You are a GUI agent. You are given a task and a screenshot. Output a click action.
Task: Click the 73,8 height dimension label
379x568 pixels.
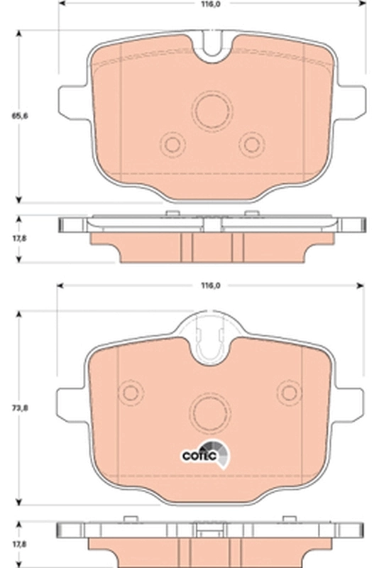(x=10, y=408)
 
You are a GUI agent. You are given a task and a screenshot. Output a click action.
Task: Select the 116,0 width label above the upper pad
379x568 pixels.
(x=211, y=4)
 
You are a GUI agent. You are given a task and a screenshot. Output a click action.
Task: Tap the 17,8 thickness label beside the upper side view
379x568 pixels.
(x=10, y=238)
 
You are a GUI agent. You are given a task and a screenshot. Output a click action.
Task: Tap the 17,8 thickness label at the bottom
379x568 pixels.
(x=10, y=545)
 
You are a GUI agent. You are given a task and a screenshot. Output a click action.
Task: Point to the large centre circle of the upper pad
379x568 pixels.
(x=212, y=111)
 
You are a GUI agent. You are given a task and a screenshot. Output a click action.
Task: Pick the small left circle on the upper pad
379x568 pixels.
(x=172, y=144)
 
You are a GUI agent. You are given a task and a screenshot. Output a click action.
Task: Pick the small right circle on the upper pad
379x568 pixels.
(x=251, y=144)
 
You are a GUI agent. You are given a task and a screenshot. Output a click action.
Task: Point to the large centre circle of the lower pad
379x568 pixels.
(x=212, y=410)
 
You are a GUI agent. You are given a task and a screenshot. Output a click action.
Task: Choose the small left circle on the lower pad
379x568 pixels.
(x=131, y=392)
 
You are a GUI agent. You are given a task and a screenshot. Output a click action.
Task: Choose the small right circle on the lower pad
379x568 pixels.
(x=290, y=392)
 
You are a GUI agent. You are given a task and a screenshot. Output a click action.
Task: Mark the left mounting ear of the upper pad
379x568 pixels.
(x=74, y=101)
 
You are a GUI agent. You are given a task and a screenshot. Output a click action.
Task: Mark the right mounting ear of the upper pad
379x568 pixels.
(x=350, y=101)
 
